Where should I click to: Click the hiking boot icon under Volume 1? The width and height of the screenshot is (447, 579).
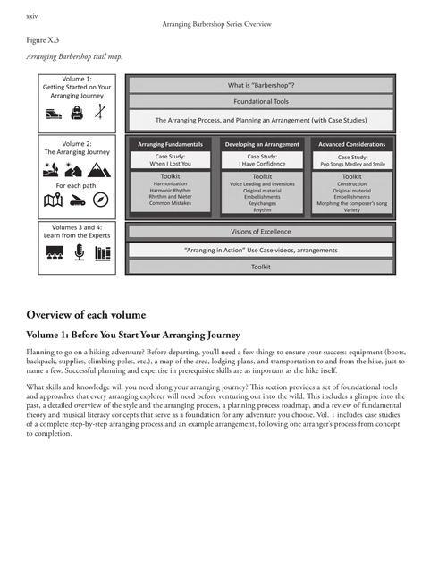pos(54,114)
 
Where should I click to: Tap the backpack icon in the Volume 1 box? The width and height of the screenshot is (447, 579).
pos(77,114)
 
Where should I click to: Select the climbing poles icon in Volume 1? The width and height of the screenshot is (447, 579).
pos(100,114)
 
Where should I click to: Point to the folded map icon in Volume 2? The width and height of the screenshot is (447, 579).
pos(53,200)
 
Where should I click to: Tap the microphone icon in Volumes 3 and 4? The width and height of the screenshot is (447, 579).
pos(78,252)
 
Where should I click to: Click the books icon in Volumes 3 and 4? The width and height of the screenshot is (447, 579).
pos(102,252)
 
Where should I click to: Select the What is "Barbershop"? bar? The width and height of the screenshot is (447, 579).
pos(261,86)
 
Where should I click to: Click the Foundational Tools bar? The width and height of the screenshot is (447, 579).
pos(261,102)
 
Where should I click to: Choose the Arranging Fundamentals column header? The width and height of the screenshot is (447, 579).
pos(170,143)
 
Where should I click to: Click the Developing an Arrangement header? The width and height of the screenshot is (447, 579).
pos(262,143)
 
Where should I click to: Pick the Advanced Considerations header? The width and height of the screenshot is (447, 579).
pos(352,143)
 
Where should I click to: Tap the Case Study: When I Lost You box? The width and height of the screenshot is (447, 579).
pos(170,160)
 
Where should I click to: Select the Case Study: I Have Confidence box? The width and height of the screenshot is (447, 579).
pos(262,160)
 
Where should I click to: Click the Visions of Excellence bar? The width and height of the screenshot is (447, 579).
pos(261,232)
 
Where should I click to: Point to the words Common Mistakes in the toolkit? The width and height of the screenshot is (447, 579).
pos(170,204)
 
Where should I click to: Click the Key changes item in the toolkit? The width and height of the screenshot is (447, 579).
pos(262,204)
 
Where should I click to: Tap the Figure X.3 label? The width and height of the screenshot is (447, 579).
pos(44,41)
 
